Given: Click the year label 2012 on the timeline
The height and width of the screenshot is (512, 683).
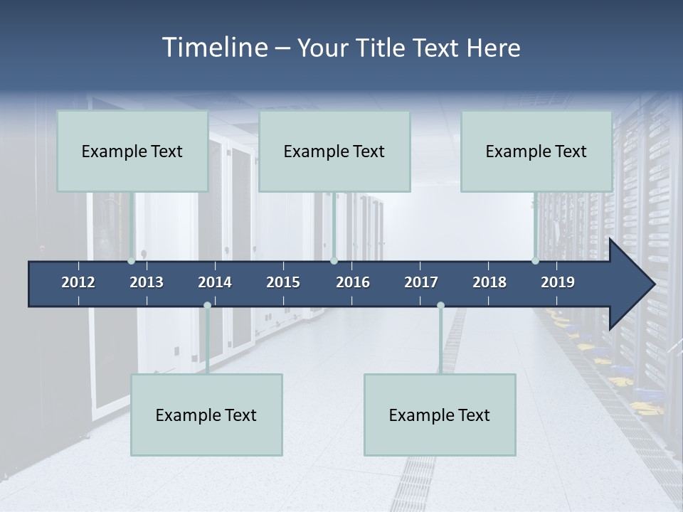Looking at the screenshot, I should pos(78,282).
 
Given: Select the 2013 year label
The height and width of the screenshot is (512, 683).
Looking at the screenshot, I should pos(147,282).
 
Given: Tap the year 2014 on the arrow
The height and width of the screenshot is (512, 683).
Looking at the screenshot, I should pos(215,282).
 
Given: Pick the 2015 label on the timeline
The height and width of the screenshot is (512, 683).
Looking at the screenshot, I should pos(283,282).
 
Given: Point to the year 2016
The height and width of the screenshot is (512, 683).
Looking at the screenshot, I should pos(353,282).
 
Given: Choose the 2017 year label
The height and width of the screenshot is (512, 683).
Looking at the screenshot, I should pos(421,282).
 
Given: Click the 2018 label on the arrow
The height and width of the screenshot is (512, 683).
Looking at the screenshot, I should pos(489,282).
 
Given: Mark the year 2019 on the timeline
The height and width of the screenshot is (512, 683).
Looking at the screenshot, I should pos(558,282).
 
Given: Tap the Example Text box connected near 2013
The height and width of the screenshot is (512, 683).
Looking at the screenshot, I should pos(132,151).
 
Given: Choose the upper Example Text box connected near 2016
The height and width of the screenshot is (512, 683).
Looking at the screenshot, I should pos(334,151).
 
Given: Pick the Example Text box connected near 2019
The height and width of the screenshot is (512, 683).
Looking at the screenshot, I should pos(536,151).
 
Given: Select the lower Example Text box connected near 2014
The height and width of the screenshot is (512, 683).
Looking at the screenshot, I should pos(206,415).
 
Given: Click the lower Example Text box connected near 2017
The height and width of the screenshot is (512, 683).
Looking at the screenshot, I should pos(440,415).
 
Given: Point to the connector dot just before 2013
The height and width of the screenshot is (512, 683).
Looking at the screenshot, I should pos(132,261).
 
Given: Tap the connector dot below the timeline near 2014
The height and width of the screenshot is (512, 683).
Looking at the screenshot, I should pos(207,306).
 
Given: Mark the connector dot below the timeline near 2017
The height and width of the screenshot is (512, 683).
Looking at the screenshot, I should pos(440,306).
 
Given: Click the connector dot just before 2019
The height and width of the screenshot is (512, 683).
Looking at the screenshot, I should pos(535,261).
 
